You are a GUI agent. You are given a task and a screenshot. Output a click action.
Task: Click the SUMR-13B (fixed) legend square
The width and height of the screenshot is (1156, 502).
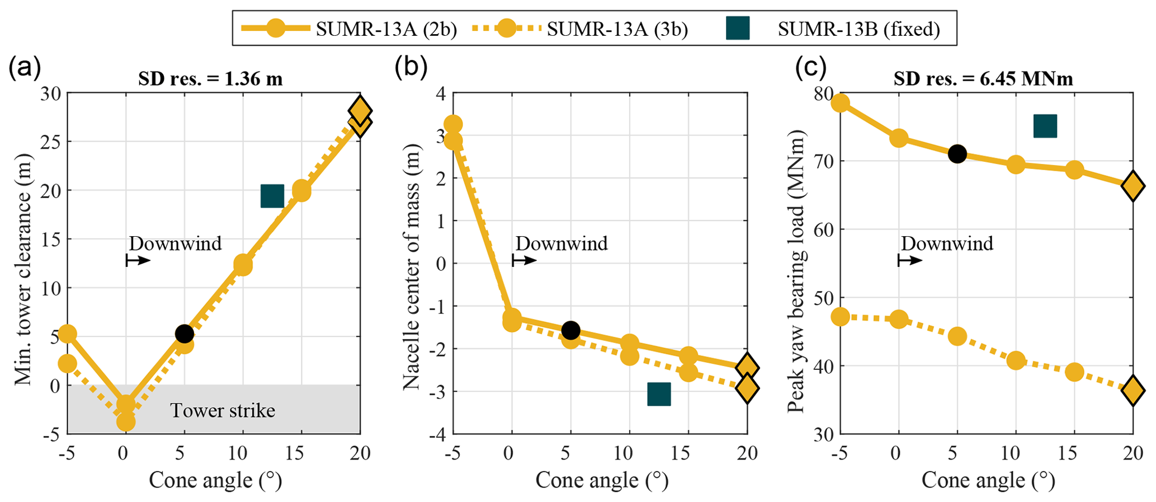pyautogui.click(x=737, y=29)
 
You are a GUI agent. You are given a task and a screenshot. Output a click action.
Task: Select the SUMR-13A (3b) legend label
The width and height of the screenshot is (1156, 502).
pyautogui.click(x=617, y=29)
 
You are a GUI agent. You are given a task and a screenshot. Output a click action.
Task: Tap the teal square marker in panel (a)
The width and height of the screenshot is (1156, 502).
pyautogui.click(x=272, y=196)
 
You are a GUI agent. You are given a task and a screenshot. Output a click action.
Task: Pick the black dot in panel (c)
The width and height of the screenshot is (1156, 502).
pyautogui.click(x=957, y=154)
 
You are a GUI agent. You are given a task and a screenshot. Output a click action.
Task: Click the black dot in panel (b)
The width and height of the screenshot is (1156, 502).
pyautogui.click(x=570, y=330)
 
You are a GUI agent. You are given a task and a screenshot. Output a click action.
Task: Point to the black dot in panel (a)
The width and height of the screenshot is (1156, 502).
pyautogui.click(x=184, y=334)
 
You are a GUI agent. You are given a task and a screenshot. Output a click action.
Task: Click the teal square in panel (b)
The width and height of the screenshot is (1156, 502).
pyautogui.click(x=659, y=394)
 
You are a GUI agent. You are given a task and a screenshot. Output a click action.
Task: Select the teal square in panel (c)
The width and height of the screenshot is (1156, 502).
pyautogui.click(x=1045, y=126)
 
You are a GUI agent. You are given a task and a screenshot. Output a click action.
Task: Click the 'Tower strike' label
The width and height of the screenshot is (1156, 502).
pyautogui.click(x=223, y=411)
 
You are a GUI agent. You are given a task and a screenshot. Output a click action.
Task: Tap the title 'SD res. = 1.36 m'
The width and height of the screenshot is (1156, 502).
pyautogui.click(x=210, y=79)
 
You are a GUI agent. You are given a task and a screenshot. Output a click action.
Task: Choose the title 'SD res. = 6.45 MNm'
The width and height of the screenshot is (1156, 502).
pyautogui.click(x=983, y=79)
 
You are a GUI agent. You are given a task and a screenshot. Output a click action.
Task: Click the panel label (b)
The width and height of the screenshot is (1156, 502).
pyautogui.click(x=411, y=68)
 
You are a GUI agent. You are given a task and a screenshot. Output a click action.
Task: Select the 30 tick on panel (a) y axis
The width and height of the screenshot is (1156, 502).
pyautogui.click(x=51, y=93)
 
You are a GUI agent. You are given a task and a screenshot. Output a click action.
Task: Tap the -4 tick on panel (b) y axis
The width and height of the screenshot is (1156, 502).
pyautogui.click(x=438, y=434)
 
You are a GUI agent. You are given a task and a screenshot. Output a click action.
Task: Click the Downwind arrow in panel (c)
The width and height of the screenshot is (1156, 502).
pyautogui.click(x=909, y=260)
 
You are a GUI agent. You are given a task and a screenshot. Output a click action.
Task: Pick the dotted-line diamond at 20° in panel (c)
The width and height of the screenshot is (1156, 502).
pyautogui.click(x=1133, y=390)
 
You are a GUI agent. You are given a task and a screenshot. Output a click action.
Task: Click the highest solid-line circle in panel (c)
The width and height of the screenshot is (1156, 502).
pyautogui.click(x=840, y=103)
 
